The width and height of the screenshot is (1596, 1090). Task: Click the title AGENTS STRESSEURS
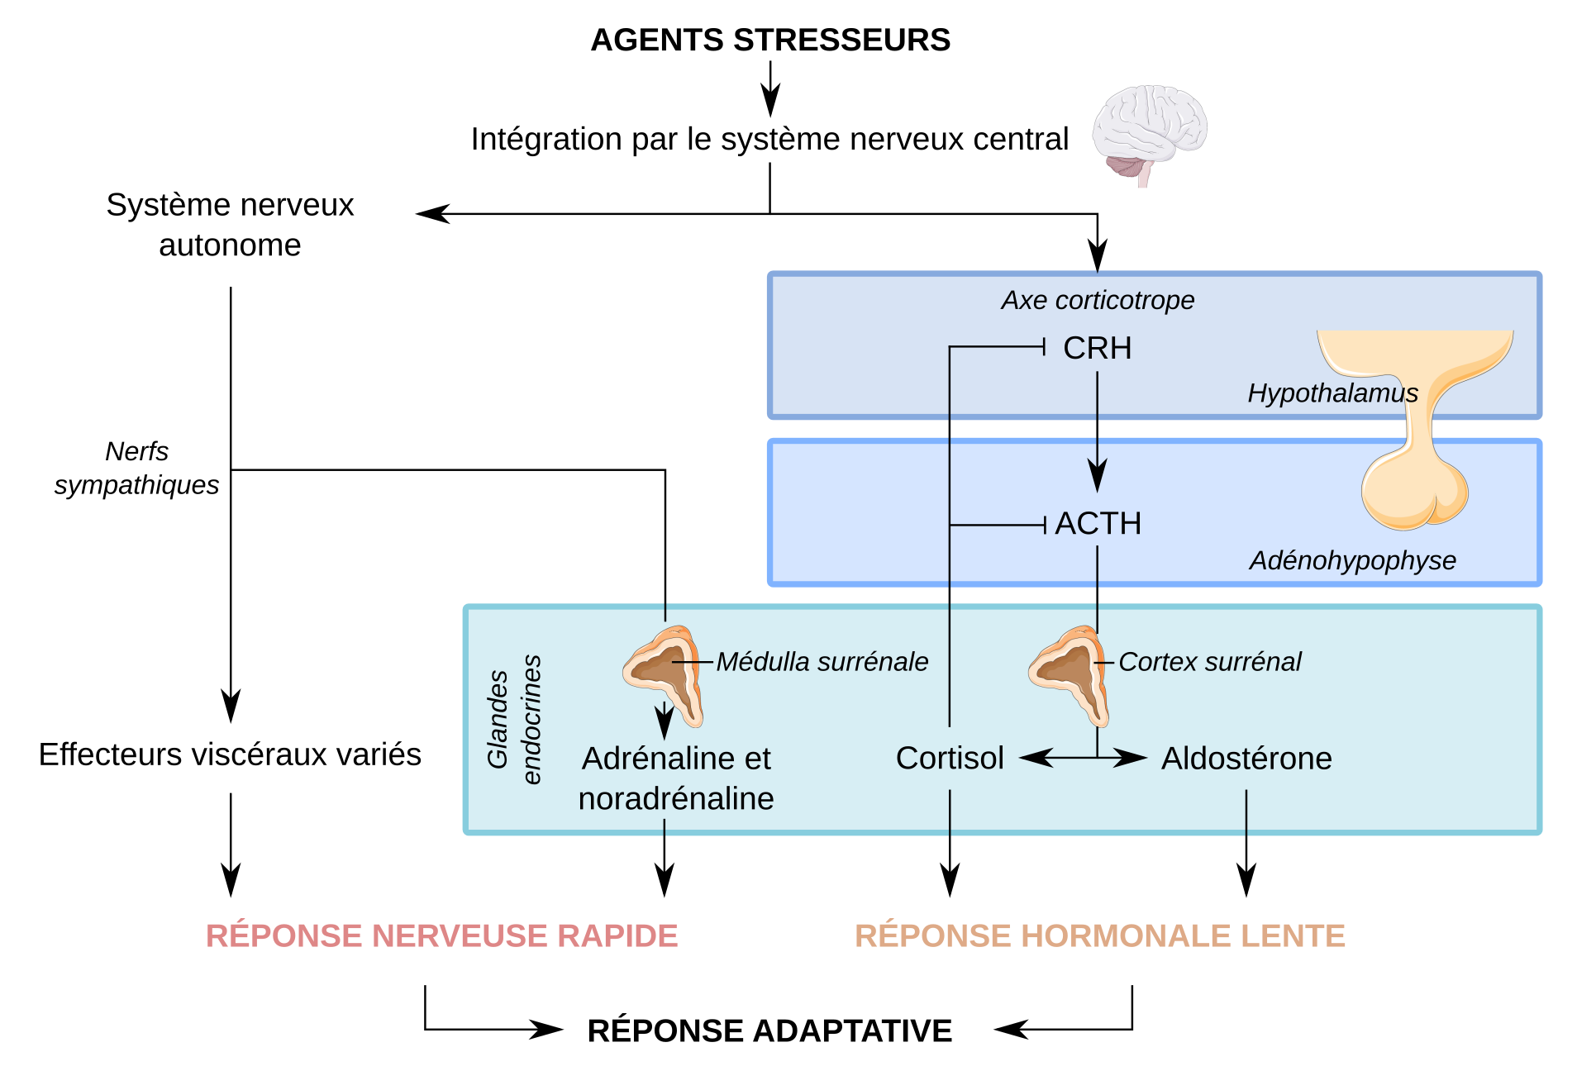point(769,40)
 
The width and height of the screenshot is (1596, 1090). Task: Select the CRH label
point(1097,348)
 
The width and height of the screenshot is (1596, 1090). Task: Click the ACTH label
point(1098,523)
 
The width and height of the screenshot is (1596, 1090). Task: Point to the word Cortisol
point(950,758)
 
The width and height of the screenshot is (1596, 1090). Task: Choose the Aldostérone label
point(1246,758)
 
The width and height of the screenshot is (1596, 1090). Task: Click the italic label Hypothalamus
point(1332,393)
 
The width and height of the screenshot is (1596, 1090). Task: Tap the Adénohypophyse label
point(1352,560)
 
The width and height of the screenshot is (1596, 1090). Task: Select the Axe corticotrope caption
point(1098,300)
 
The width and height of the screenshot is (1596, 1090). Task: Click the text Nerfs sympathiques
point(136,468)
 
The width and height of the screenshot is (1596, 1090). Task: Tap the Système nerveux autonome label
point(230,225)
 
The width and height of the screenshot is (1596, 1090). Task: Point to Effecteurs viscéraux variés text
point(230,754)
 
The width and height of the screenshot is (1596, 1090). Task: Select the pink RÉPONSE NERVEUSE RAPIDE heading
point(441,935)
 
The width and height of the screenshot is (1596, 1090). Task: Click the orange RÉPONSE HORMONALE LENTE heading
point(1099,935)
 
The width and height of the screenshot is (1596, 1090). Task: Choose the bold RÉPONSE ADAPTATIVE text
point(769,1031)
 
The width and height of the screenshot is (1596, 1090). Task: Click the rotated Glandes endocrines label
point(513,719)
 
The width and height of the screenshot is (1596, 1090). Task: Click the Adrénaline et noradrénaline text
point(676,778)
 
